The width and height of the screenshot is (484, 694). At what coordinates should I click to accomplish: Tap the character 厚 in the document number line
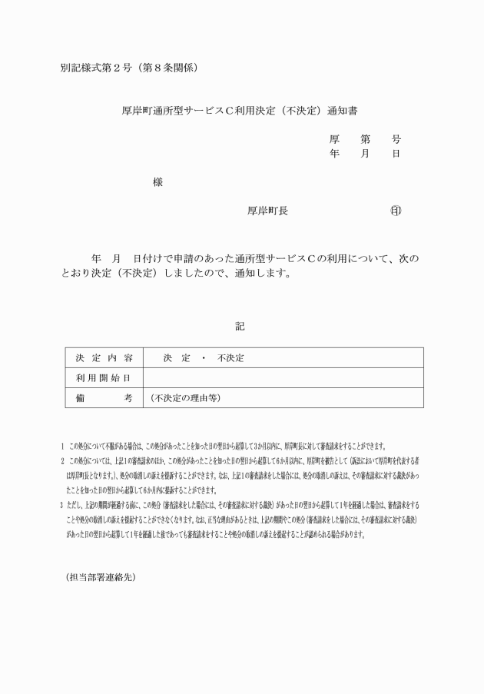pos(335,140)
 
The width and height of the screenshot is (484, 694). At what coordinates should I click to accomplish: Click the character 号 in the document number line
pos(396,140)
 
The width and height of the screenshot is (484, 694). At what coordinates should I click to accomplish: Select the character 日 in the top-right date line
pos(396,154)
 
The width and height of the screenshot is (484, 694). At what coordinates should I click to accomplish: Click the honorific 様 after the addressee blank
pos(157,182)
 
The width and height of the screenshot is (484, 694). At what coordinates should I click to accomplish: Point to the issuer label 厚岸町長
pos(267,211)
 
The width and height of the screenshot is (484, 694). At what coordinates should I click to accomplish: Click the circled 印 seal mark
pos(396,211)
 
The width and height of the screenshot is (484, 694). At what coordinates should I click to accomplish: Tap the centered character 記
pos(240,327)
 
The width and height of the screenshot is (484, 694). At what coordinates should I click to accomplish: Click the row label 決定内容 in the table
pos(104,359)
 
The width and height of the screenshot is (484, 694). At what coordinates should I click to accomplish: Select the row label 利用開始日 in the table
pos(104,378)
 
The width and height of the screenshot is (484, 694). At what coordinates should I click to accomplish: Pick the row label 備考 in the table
pos(104,398)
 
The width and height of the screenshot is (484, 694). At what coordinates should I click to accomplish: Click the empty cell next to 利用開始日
pos(283,378)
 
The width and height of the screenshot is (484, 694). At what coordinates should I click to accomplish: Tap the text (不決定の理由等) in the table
pos(186,398)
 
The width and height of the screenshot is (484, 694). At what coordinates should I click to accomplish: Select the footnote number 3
pos(62,505)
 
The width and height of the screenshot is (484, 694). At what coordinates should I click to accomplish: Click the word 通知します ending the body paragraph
pos(266,274)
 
